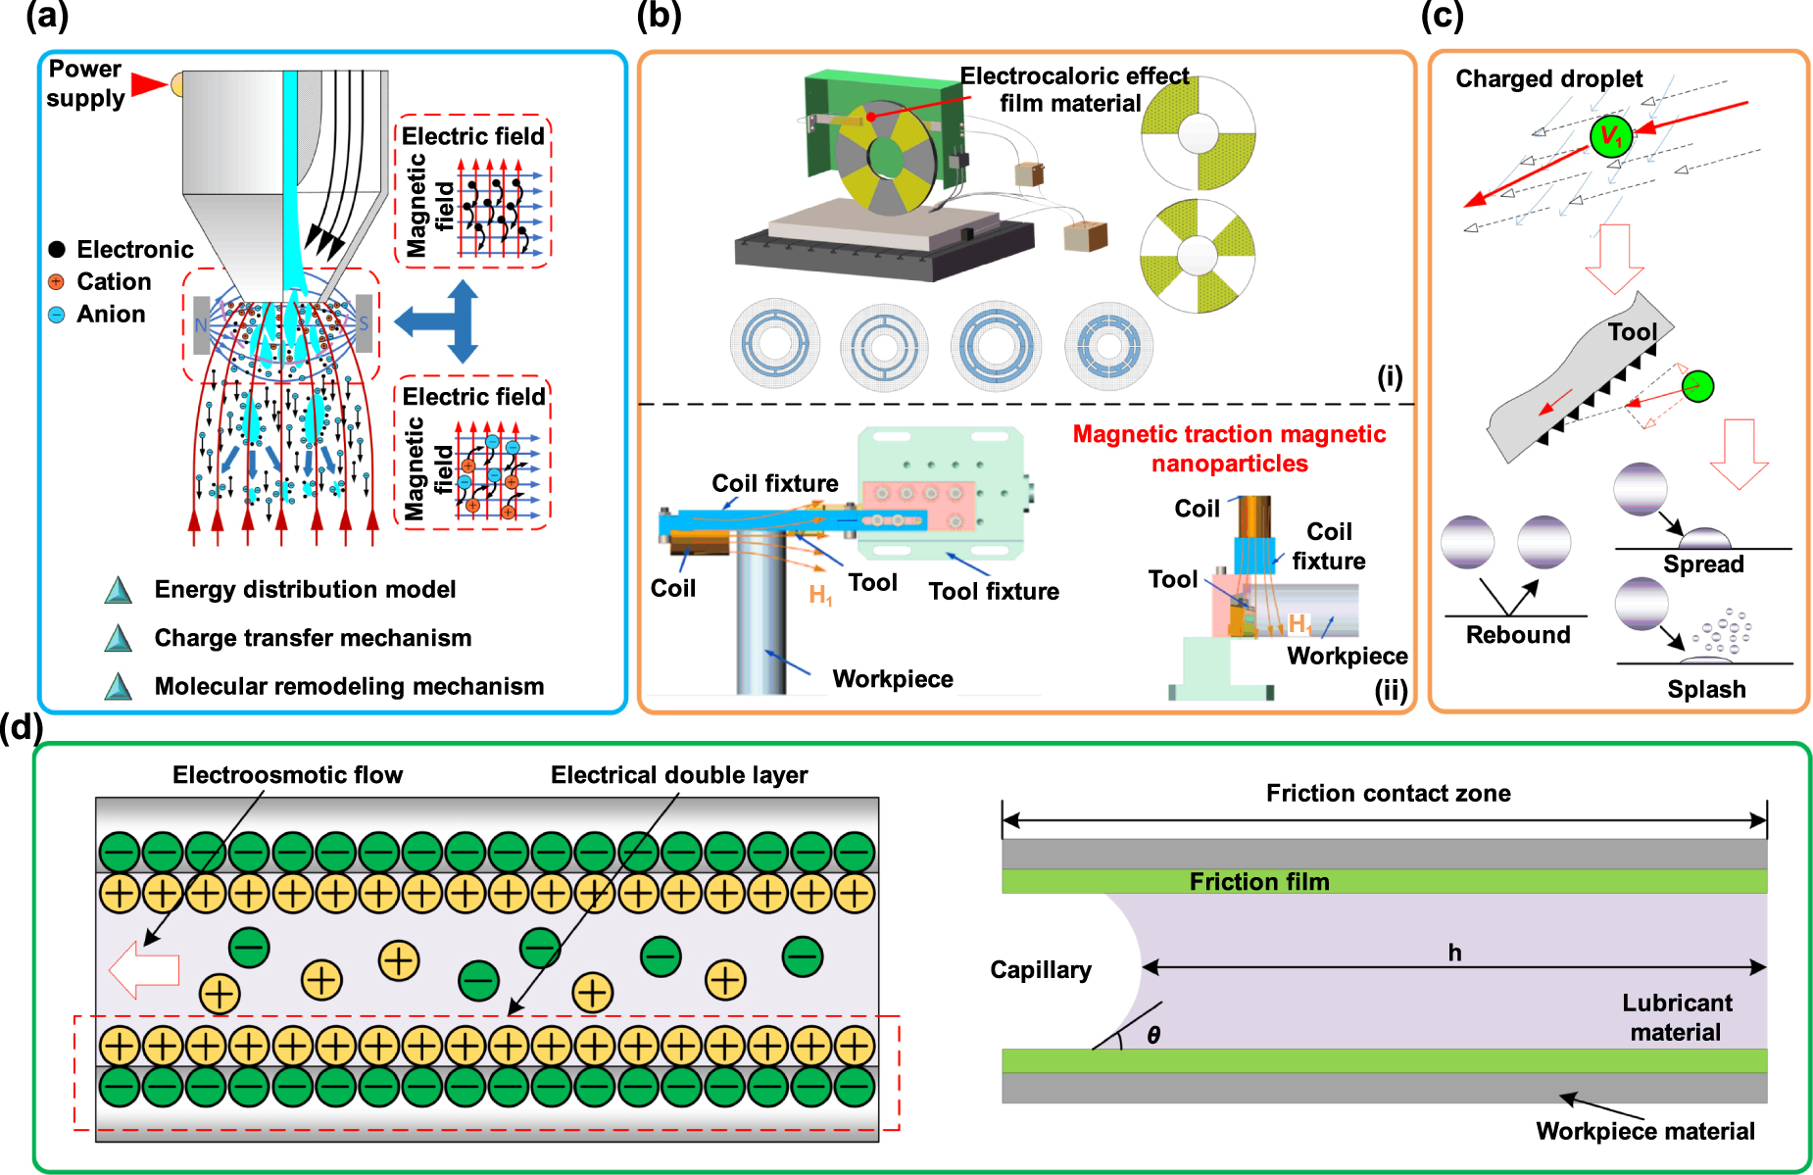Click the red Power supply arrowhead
coord(149,84)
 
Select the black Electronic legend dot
coord(57,250)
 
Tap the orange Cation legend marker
coord(57,282)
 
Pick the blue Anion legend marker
coord(57,315)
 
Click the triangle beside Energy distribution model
coord(119,590)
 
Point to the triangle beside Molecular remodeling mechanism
coord(119,686)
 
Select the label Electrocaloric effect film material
coord(1073,89)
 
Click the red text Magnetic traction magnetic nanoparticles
coord(1229,448)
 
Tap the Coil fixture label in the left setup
coord(774,483)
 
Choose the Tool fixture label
coord(994,591)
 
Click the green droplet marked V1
coord(1610,136)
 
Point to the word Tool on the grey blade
coord(1632,332)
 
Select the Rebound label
coord(1518,635)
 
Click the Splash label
coord(1706,689)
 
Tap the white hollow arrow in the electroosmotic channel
coord(144,969)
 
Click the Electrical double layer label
coord(679,775)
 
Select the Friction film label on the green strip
coord(1259,882)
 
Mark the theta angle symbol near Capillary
coord(1153,1035)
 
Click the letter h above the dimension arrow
coord(1454,953)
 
